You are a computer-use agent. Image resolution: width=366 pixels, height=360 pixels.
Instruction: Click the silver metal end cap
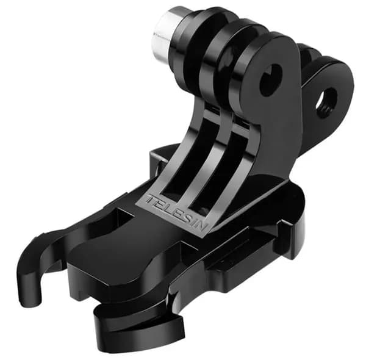point(165,35)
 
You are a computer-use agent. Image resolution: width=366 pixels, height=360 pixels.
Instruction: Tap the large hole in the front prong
point(271,80)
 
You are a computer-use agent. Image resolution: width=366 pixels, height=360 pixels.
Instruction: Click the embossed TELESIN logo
point(177,212)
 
